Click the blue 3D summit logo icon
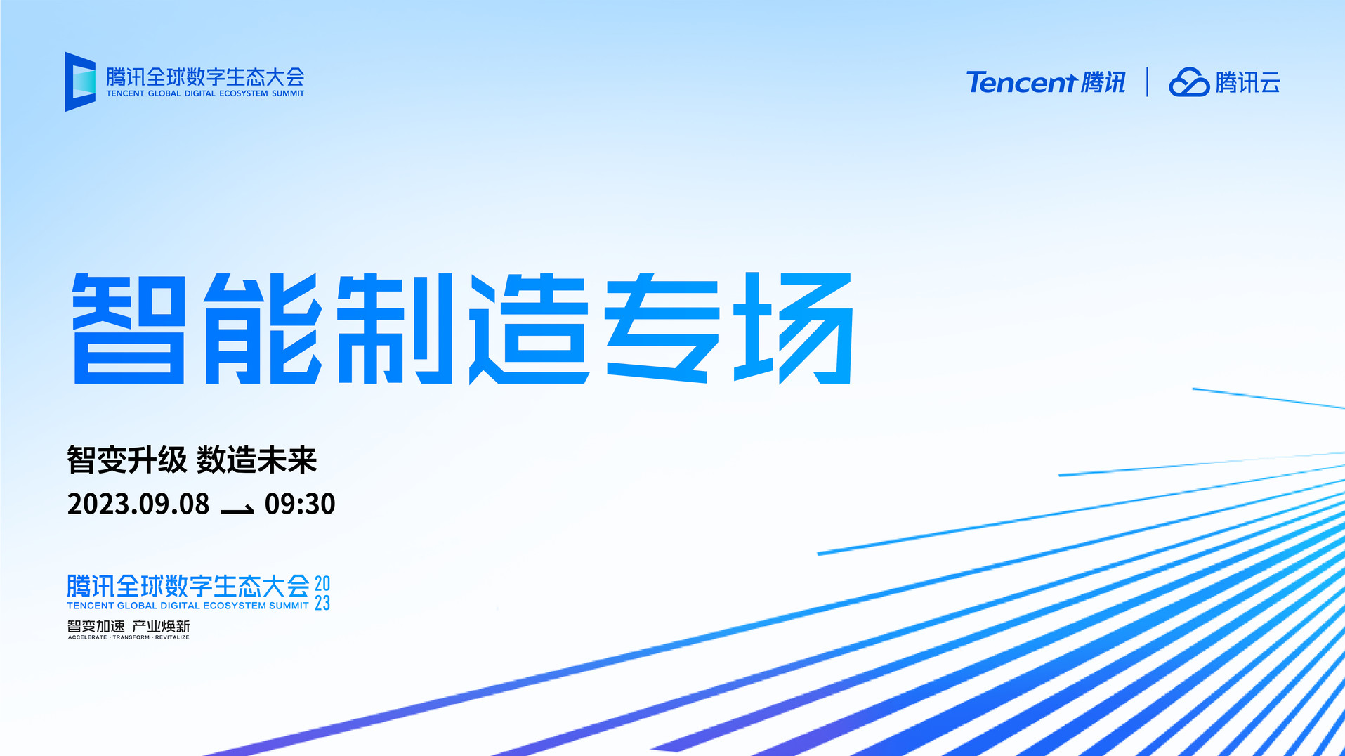coord(80,82)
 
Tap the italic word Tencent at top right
coord(1021,82)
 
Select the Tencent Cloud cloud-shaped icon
coord(1188,82)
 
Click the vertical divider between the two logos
coord(1147,82)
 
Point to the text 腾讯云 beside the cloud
coord(1248,83)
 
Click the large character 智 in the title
coord(129,329)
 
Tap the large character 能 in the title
coord(263,329)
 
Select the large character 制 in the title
coord(395,329)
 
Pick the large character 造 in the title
coord(529,329)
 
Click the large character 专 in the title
coord(662,329)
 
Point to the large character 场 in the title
coord(794,328)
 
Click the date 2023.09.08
coord(138,504)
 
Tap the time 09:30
coord(300,504)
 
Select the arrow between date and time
coord(237,509)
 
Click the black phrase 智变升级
coord(127,460)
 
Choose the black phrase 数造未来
coord(257,460)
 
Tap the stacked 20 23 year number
coord(322,593)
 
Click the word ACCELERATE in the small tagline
coord(88,637)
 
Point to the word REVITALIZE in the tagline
coord(172,637)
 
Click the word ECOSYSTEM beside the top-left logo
coord(244,93)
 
